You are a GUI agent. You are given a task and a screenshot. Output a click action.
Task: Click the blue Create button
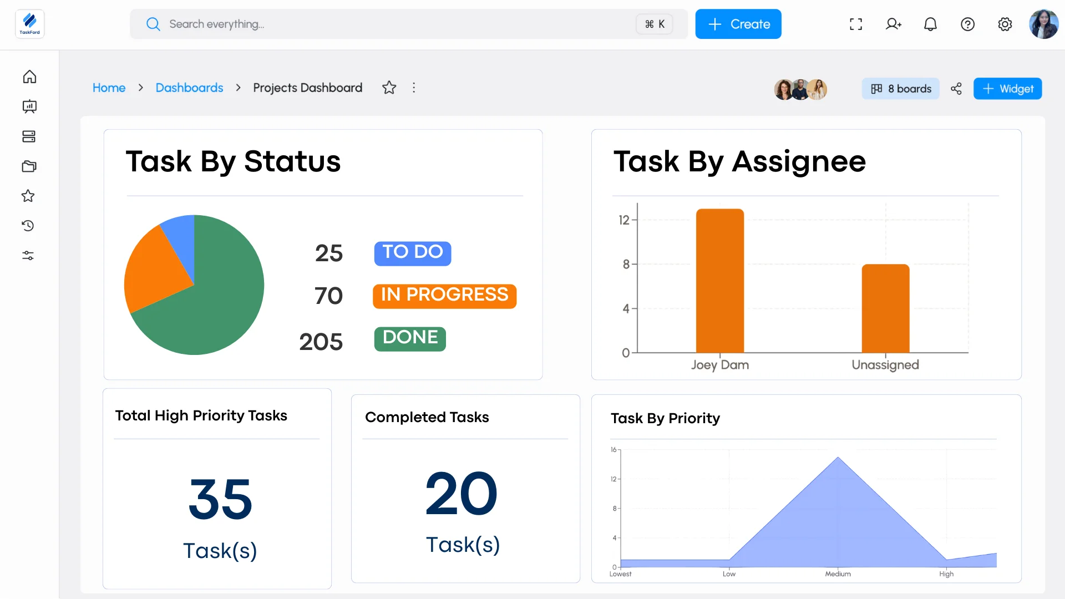tap(738, 24)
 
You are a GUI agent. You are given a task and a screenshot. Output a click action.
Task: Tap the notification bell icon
tap(930, 24)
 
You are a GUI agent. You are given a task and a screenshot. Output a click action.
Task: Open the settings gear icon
tap(1005, 24)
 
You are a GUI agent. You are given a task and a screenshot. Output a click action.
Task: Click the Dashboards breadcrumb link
tap(189, 88)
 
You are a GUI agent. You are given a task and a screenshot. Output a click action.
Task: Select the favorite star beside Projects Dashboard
tap(389, 88)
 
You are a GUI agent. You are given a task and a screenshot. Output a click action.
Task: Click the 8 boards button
tap(900, 89)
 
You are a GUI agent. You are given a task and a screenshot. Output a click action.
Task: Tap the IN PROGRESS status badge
tap(444, 296)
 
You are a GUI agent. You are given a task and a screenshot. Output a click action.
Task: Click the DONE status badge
tap(410, 338)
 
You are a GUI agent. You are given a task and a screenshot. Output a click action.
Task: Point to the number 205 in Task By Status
tap(321, 342)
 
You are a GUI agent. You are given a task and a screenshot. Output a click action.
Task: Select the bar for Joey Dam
tap(719, 281)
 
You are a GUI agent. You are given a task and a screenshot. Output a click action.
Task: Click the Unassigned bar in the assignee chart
tap(885, 308)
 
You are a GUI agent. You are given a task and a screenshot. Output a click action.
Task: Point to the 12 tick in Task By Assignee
tap(624, 220)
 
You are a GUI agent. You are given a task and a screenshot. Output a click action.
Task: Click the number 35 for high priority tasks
tap(220, 499)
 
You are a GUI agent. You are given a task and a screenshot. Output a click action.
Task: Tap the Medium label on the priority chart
tap(838, 574)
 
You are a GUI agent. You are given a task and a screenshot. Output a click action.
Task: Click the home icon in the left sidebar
tap(29, 77)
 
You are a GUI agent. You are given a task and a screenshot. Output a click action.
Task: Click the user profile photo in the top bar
tap(1043, 24)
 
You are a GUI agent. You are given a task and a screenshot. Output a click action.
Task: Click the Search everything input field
tap(388, 24)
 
